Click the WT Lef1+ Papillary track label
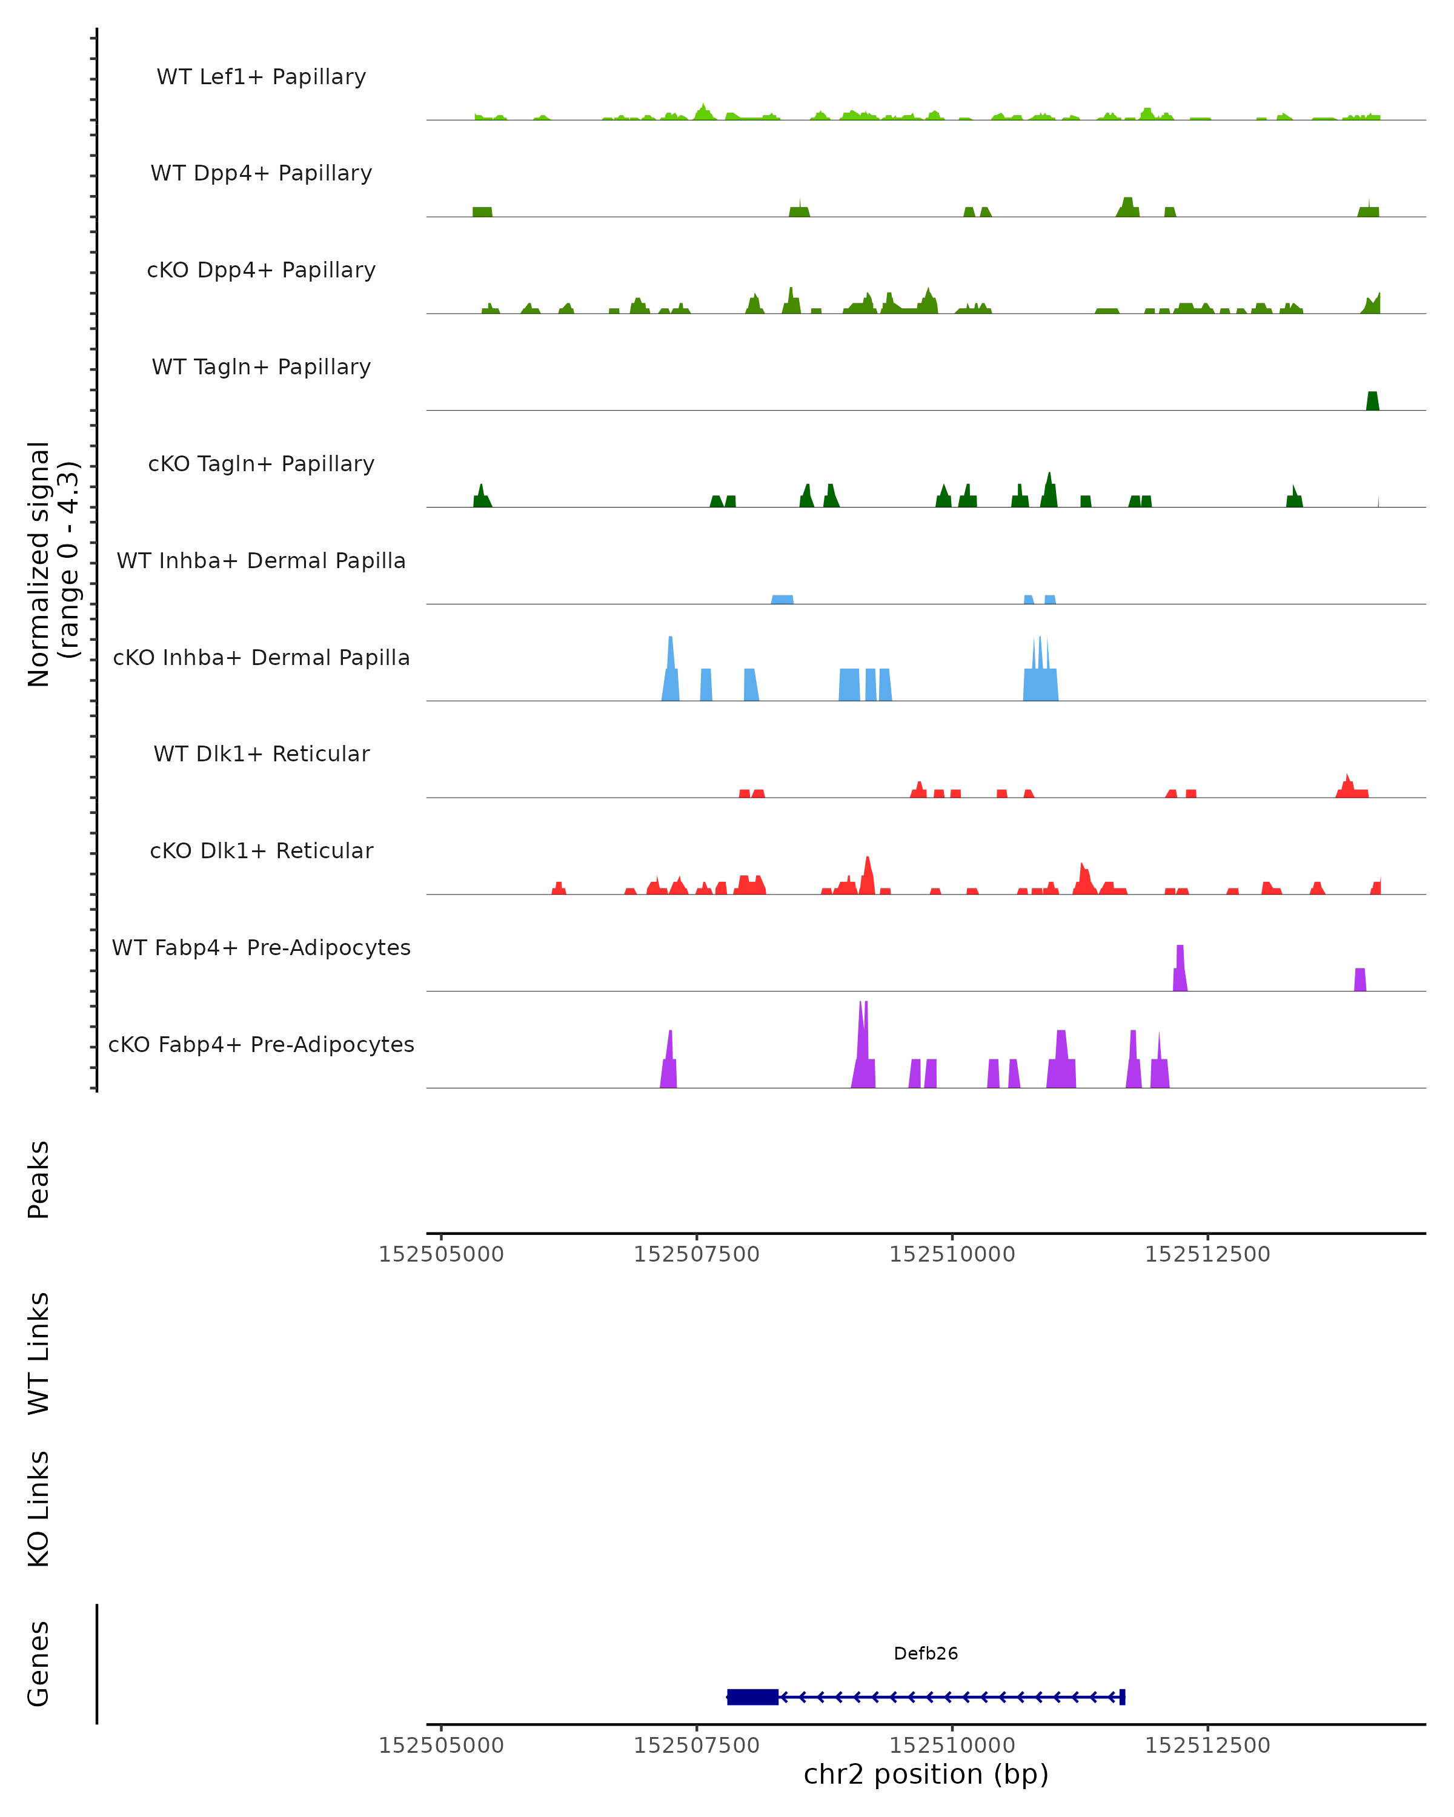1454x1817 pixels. pyautogui.click(x=261, y=77)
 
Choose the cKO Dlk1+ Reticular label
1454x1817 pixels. pyautogui.click(x=261, y=850)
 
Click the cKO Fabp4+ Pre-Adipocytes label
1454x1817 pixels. pyautogui.click(x=261, y=1044)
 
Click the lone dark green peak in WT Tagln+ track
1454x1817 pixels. pyautogui.click(x=1372, y=401)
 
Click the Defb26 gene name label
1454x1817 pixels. pyautogui.click(x=926, y=1653)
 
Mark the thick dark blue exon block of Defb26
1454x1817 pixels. pyautogui.click(x=752, y=1696)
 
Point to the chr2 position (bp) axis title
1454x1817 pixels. pyautogui.click(x=926, y=1774)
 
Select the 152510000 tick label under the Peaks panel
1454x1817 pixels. pyautogui.click(x=952, y=1254)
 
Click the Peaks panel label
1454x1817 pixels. pyautogui.click(x=39, y=1180)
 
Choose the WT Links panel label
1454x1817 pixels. pyautogui.click(x=39, y=1352)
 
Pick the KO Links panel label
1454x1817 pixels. pyautogui.click(x=39, y=1509)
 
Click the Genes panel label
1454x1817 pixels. pyautogui.click(x=39, y=1664)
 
